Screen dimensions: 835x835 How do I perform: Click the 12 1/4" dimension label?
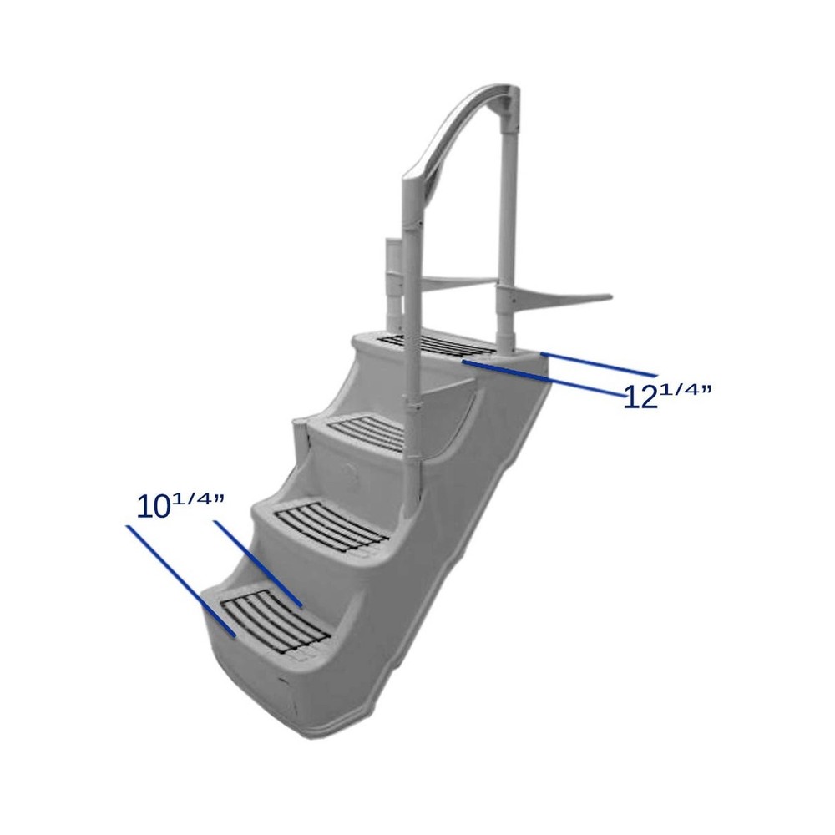coord(667,393)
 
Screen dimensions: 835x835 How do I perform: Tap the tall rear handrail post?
coord(508,234)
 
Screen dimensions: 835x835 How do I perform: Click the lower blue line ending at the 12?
coord(543,377)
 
